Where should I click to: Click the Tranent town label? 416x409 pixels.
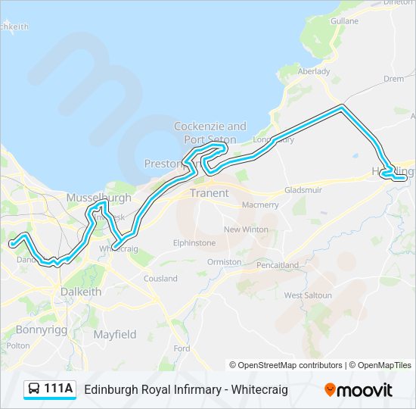(209, 193)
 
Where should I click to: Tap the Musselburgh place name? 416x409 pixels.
(98, 198)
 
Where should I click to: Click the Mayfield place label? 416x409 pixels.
(115, 334)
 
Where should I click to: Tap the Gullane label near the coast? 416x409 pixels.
(344, 21)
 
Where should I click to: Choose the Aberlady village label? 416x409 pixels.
(314, 71)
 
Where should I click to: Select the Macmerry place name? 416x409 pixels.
(260, 205)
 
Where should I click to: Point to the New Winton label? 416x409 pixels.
(246, 229)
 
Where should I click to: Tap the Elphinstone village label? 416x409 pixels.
(194, 243)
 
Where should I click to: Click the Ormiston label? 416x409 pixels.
(225, 262)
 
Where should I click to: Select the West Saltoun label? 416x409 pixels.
(308, 295)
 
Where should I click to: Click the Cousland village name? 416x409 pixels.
(160, 279)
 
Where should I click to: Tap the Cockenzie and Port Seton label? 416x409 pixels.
(210, 133)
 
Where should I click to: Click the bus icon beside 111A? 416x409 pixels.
(34, 389)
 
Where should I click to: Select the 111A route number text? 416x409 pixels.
(59, 389)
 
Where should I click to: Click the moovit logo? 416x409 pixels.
(359, 390)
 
